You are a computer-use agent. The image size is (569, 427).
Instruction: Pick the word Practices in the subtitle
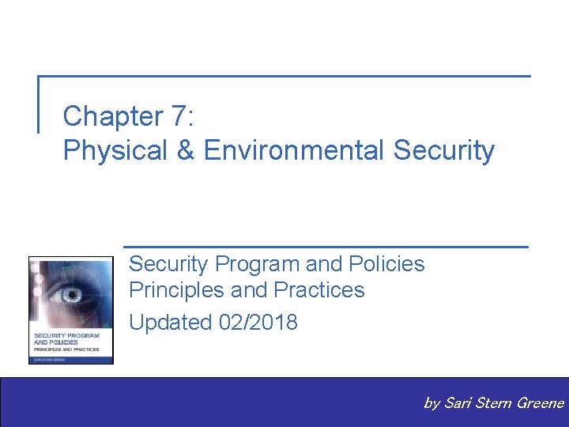point(319,290)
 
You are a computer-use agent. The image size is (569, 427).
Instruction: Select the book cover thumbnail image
point(71,309)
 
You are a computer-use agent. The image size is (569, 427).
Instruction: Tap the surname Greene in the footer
point(540,403)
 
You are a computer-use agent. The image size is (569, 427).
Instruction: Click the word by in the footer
point(431,404)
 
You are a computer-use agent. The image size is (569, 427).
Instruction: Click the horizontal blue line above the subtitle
point(326,247)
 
